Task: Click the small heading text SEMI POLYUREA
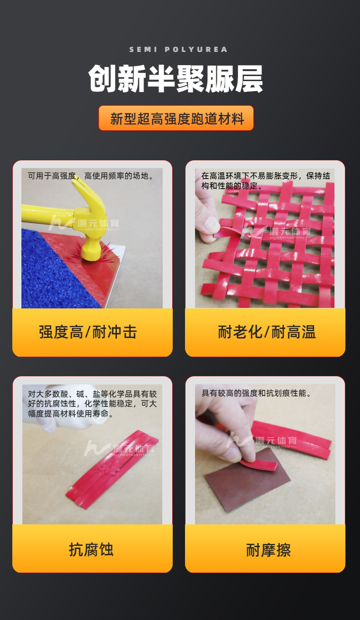(x=178, y=49)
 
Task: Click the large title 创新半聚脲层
(x=176, y=79)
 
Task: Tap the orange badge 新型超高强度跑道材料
(x=176, y=118)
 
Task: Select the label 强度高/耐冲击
(x=88, y=332)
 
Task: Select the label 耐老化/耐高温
(x=267, y=332)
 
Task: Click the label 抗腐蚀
(x=91, y=549)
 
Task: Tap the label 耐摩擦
(x=268, y=549)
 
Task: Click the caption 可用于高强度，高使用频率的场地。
(x=91, y=175)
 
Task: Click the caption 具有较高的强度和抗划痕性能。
(x=257, y=393)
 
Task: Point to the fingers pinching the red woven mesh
(x=207, y=223)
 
